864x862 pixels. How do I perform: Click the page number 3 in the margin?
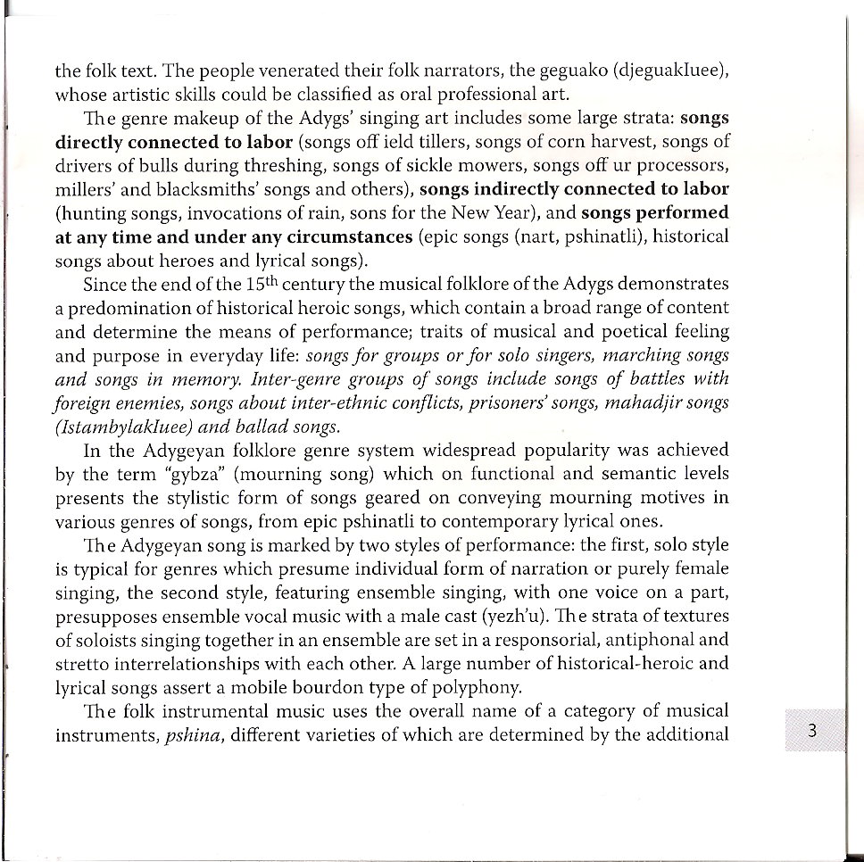811,730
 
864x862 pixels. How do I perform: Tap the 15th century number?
254,285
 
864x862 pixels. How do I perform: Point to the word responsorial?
522,640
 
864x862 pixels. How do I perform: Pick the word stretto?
83,664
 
